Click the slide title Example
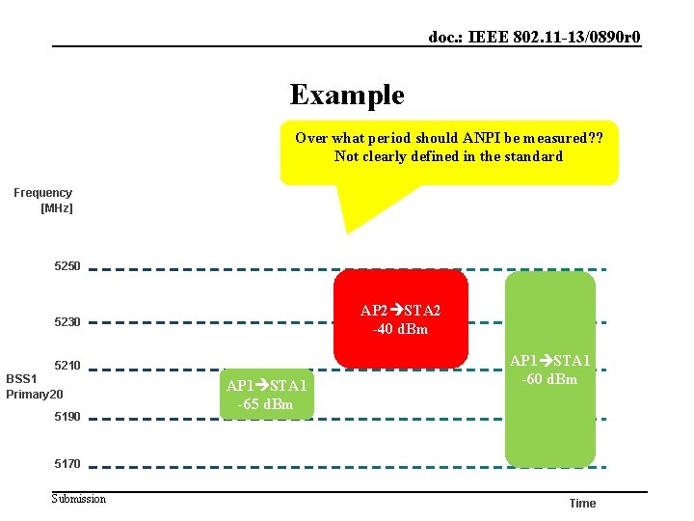point(347,95)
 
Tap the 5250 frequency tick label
point(67,266)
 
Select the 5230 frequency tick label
point(67,322)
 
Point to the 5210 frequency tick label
point(67,366)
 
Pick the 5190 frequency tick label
point(67,417)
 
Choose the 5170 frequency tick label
point(67,464)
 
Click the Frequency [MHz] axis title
point(43,200)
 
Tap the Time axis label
point(582,504)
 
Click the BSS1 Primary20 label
point(35,386)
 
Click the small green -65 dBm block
point(267,395)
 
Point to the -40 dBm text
point(401,329)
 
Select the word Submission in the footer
point(79,498)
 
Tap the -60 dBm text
point(550,379)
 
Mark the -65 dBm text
point(266,404)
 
